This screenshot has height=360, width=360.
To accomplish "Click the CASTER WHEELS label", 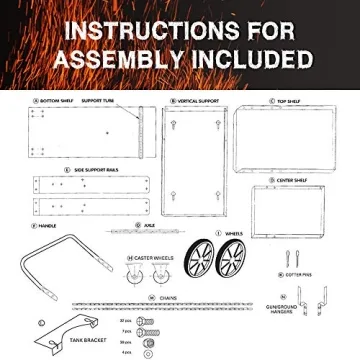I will coord(151,257).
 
